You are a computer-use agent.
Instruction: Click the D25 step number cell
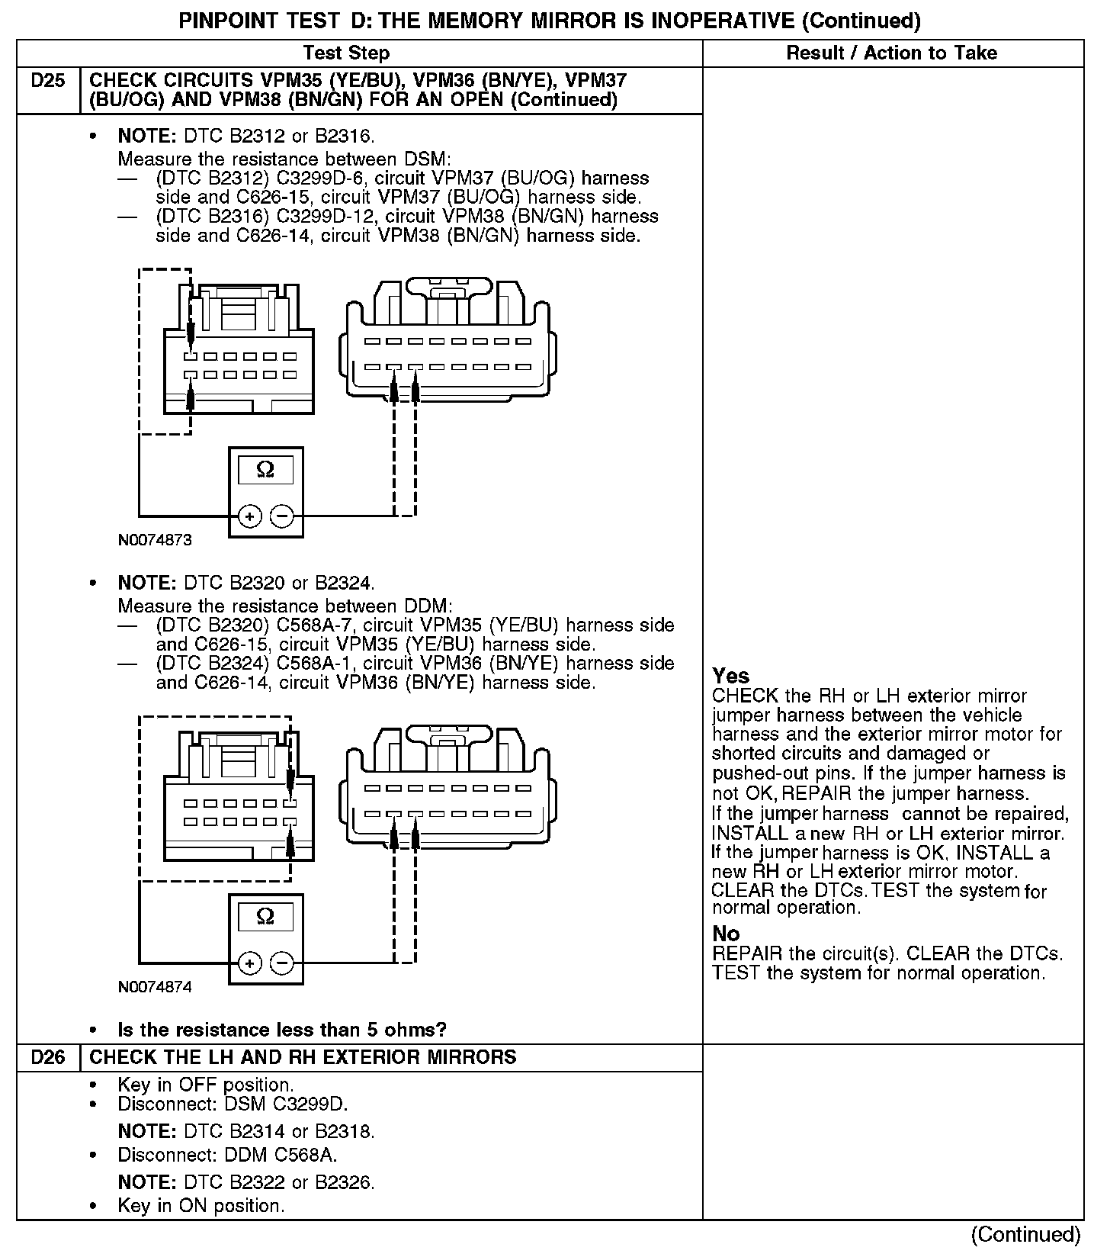48,81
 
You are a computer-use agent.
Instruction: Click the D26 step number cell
48,1057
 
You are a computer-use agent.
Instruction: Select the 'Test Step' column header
346,53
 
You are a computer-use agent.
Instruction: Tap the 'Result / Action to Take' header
891,53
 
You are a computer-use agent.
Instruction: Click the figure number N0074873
155,540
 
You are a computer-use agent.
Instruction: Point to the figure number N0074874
155,987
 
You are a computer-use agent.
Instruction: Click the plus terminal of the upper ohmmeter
249,516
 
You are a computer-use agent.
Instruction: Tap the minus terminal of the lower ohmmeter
282,963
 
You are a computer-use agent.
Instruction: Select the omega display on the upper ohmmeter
265,469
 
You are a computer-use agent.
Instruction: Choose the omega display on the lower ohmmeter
265,916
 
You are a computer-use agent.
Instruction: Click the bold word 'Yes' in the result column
730,676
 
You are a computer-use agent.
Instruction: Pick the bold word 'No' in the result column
726,934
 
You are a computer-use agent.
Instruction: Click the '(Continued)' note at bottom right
1025,1233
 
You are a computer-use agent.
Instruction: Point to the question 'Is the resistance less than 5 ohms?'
282,1030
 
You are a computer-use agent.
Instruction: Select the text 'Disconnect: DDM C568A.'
227,1155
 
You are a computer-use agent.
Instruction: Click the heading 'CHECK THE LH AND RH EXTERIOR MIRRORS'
303,1057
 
